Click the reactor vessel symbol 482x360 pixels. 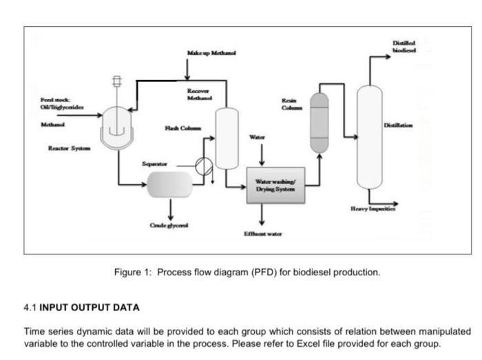115,127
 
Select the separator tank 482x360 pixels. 169,184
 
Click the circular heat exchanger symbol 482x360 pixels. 205,167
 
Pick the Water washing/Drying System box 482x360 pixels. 275,184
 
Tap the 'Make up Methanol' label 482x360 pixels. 211,54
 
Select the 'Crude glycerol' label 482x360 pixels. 169,225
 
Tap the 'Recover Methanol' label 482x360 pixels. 200,94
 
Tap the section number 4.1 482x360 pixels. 31,307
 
